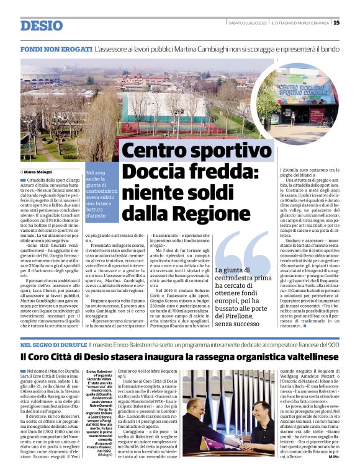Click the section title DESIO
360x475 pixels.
pyautogui.click(x=42, y=25)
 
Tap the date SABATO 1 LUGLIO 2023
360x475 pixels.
pyautogui.click(x=246, y=23)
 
